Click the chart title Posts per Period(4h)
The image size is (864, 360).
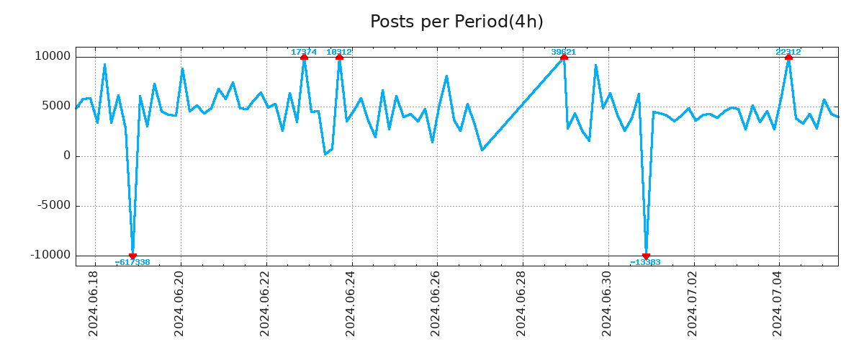[456, 22]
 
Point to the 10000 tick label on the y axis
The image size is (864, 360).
[53, 56]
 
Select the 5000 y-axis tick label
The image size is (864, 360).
[57, 106]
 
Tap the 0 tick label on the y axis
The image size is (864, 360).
[67, 156]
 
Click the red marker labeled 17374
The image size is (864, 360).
[304, 57]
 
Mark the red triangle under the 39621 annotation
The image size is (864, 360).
[564, 57]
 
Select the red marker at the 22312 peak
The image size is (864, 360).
[788, 57]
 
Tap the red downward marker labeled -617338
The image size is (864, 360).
[132, 256]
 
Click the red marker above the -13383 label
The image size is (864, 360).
[646, 256]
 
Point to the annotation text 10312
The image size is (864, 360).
[339, 52]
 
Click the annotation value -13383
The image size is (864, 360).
[645, 262]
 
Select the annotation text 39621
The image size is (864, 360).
[564, 52]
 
